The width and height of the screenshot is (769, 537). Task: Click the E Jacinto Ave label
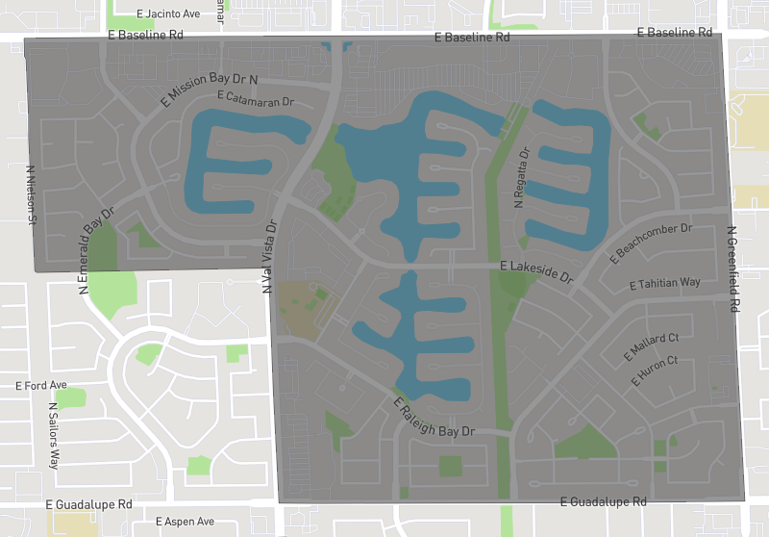click(168, 13)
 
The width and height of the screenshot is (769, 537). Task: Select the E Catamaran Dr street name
click(255, 99)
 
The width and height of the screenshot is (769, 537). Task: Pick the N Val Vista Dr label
click(268, 255)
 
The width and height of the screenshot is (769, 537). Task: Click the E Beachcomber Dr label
click(652, 243)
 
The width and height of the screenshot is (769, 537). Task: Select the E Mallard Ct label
click(652, 343)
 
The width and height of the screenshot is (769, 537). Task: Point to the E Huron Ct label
click(655, 371)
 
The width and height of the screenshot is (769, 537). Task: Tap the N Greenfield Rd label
click(732, 268)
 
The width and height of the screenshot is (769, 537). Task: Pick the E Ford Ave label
click(41, 385)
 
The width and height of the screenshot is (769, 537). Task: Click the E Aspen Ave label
click(186, 522)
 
